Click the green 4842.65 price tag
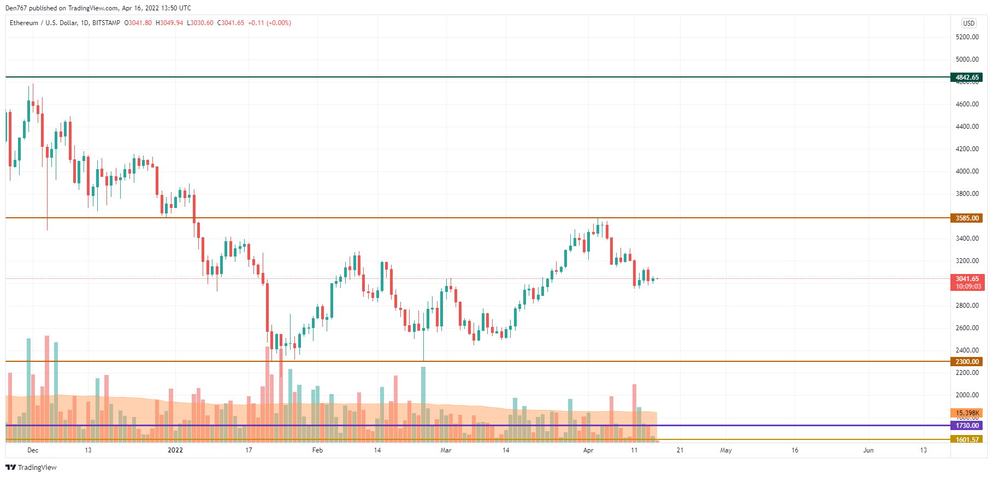[x=967, y=77]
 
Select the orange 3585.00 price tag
[x=967, y=218]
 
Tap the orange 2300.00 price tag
[x=967, y=362]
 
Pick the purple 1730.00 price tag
[x=967, y=426]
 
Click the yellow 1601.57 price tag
[x=967, y=440]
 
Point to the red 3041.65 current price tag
[x=967, y=279]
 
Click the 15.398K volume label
[x=967, y=413]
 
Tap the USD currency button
[x=969, y=23]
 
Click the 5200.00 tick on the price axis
[x=967, y=37]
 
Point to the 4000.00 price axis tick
[x=967, y=171]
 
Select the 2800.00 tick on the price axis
[x=967, y=306]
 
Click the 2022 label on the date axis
[x=175, y=450]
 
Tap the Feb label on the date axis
[x=317, y=450]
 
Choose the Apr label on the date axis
[x=588, y=450]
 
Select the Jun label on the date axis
[x=868, y=450]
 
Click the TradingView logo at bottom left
[x=31, y=468]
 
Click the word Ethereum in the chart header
[x=24, y=23]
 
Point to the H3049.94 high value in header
[x=169, y=23]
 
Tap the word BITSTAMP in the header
[x=106, y=23]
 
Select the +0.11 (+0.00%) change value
[x=269, y=23]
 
